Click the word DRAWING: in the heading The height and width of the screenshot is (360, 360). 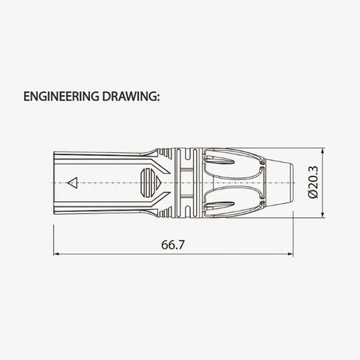click(130, 96)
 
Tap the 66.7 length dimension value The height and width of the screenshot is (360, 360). click(172, 245)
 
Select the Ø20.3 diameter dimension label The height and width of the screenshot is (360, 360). click(313, 184)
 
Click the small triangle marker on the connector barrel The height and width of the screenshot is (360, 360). click(73, 182)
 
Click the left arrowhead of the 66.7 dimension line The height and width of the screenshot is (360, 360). click(56, 254)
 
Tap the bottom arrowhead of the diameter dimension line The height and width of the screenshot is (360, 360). click(323, 214)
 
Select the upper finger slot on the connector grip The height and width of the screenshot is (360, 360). click(220, 160)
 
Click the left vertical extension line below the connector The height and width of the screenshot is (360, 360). click(53, 237)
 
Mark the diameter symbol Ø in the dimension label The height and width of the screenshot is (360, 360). click(313, 195)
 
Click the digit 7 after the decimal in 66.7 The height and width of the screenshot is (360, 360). click(181, 245)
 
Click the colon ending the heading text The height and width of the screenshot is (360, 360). click(158, 97)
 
